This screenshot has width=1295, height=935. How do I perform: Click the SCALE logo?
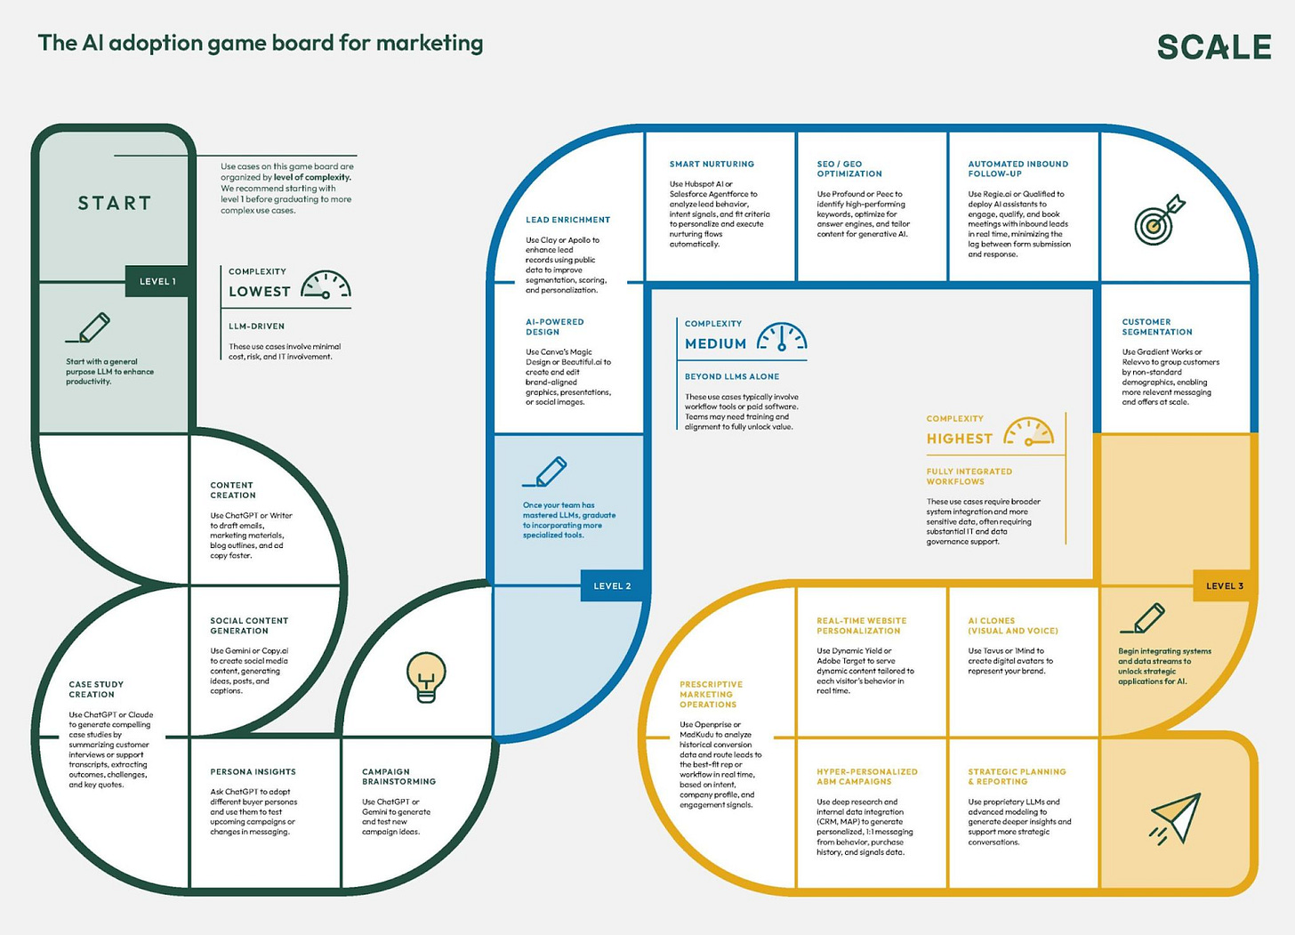coord(1214,47)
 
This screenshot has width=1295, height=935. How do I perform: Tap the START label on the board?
coord(115,203)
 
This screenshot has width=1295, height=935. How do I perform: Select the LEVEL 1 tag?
coord(157,281)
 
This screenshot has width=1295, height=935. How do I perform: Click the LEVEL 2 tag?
coord(612,586)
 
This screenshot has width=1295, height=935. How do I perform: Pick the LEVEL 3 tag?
coord(1225,586)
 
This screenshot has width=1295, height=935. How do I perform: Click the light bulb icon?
coord(426,677)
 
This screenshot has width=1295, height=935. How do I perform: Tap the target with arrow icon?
coord(1158,220)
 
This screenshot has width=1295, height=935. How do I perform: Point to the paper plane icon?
coord(1176,817)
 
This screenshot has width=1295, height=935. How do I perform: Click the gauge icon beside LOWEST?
coord(326,285)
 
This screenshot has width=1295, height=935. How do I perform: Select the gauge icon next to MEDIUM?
coord(782,337)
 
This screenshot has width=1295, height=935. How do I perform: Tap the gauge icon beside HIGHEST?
coord(1028,432)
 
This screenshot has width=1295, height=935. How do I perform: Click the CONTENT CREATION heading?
coord(233,490)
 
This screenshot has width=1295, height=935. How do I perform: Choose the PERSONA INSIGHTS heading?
coord(253,771)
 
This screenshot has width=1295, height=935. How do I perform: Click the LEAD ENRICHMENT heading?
coord(567,220)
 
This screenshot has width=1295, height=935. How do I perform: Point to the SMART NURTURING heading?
coord(712,165)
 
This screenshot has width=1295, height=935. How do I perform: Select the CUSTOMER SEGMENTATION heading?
coord(1156,326)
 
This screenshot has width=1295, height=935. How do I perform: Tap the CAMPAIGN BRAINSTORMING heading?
coord(398,777)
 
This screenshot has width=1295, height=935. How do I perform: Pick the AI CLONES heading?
coord(1012,625)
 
